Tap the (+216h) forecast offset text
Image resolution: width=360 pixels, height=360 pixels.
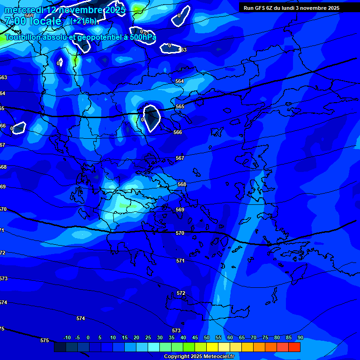[x=84, y=21]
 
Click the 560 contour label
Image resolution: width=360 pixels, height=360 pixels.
[x=29, y=15]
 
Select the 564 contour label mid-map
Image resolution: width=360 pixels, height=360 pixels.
[x=180, y=81]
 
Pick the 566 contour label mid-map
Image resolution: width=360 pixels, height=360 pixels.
[x=178, y=133]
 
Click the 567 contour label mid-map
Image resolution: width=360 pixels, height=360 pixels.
[x=180, y=158]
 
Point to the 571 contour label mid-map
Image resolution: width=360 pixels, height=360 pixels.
[x=180, y=261]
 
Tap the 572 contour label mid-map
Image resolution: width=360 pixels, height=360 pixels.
[x=181, y=293]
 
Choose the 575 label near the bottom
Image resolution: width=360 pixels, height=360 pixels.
[x=45, y=340]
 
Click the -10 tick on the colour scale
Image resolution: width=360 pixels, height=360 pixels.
[x=67, y=337]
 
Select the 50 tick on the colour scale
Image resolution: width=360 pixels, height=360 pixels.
[x=207, y=337]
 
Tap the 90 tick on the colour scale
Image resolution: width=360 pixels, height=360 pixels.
[x=300, y=337]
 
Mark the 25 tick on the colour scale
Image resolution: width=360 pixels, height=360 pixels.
[x=148, y=337]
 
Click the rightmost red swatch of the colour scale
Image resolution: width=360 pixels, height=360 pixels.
[x=294, y=347]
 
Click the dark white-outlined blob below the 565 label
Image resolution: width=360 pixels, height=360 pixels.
[x=151, y=118]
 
